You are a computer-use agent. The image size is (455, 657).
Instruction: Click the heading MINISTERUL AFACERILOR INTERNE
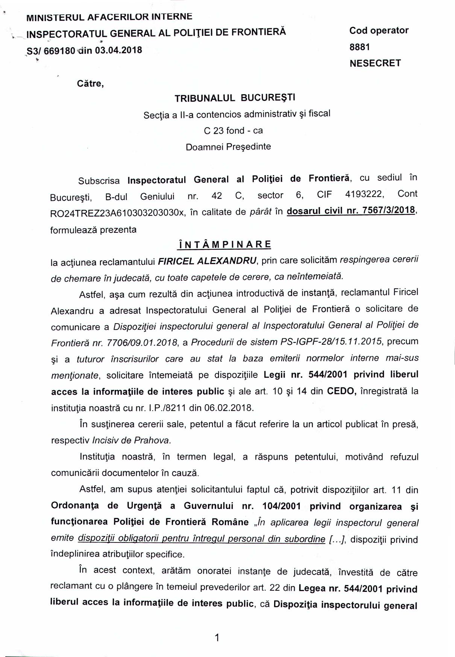[x=109, y=17]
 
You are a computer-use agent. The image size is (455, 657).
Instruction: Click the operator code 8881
[x=359, y=47]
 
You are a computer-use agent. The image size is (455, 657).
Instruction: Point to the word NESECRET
[x=375, y=63]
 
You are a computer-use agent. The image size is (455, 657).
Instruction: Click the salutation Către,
[x=90, y=83]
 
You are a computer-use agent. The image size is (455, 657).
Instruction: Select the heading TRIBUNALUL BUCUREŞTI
[x=235, y=98]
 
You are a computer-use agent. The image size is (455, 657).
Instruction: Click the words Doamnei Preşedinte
[x=228, y=147]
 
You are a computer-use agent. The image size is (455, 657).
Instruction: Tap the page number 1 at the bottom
[x=217, y=637]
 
